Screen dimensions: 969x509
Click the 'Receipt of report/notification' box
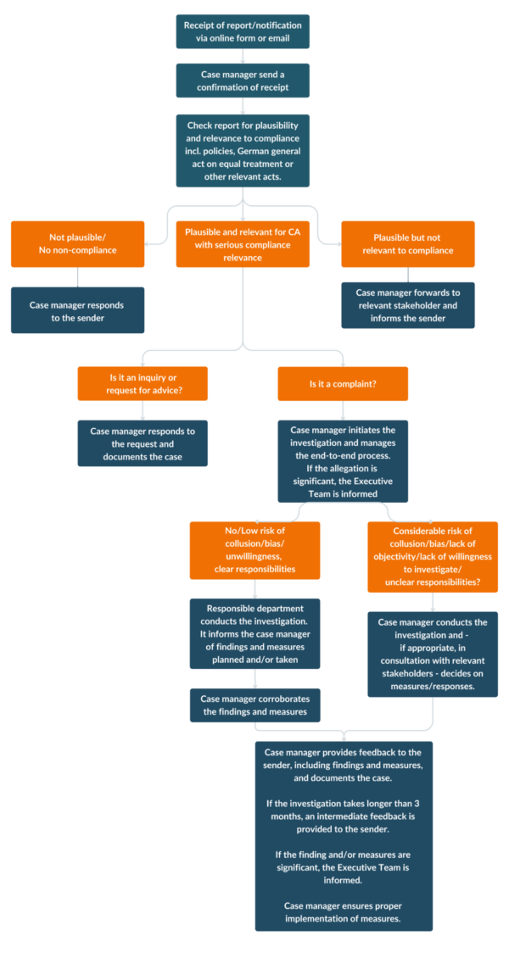pos(243,31)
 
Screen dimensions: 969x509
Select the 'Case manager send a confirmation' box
pos(243,80)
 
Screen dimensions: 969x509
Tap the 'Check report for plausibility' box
pos(243,151)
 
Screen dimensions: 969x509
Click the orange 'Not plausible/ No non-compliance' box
pos(78,244)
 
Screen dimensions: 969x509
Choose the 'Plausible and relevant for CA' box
pos(243,244)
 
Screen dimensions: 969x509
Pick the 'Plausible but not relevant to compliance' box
pos(408,244)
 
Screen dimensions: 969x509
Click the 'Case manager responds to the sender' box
pos(78,310)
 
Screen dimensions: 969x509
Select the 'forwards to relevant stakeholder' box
pos(408,305)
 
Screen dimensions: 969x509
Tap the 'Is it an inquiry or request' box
pos(143,383)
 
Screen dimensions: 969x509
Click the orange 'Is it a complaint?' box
pos(343,383)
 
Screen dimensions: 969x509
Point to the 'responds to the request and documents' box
pos(143,443)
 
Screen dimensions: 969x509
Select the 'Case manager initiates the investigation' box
pos(343,461)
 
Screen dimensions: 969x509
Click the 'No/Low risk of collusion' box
pos(255,550)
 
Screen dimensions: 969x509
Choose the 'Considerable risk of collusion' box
pos(433,557)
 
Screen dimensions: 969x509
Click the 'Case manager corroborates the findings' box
pos(255,705)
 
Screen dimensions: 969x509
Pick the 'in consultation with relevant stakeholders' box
pos(433,654)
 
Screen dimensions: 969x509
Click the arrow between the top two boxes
pos(243,56)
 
